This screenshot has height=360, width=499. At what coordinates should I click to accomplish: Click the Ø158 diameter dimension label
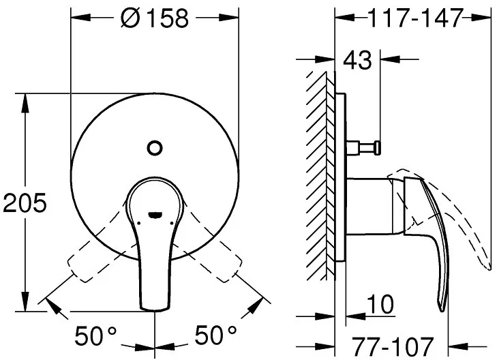coord(155,18)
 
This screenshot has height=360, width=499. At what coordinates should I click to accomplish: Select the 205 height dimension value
coord(25,202)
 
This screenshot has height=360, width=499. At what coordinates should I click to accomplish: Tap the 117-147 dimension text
coord(415,18)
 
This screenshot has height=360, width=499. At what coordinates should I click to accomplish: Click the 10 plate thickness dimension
coord(380,304)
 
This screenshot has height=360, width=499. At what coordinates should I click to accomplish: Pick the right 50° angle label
coord(216,335)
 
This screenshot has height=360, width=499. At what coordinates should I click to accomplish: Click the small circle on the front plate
coord(155,148)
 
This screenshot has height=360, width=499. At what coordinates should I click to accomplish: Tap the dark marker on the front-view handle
coord(155,215)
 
